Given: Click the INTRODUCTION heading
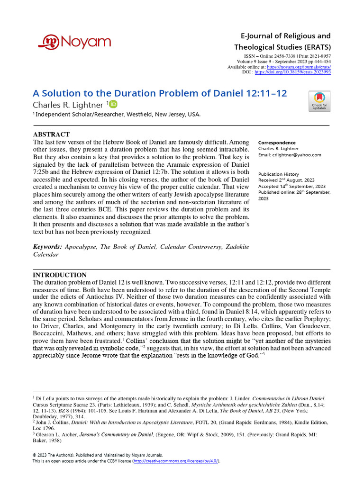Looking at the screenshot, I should point(59,275).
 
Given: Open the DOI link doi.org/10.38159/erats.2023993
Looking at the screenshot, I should point(293,72).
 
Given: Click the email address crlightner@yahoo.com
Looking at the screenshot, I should point(297,155).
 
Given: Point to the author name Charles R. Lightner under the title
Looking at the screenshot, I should point(67,105).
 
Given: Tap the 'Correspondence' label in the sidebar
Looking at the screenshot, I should point(276,143).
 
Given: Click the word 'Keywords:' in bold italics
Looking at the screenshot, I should point(47,247).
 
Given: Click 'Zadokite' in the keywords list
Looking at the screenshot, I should point(233,247).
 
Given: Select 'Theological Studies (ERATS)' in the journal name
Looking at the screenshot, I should point(282,47).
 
